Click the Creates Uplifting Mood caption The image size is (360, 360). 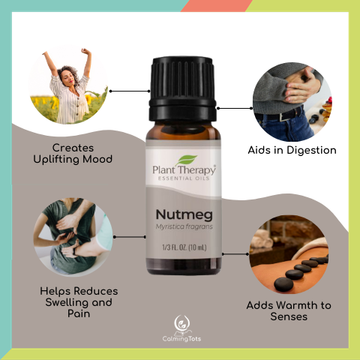pos(72,153)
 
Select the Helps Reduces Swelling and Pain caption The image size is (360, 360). pos(78,301)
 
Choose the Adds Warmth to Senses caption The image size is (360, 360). pos(289,311)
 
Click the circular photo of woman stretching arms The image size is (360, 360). pos(68,84)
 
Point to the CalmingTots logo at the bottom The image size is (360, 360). pos(180,329)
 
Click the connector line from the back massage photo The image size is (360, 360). pos(128,237)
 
